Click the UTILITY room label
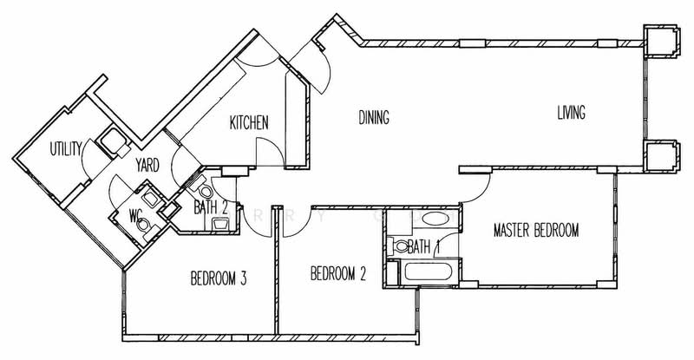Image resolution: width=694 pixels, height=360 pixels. (66, 149)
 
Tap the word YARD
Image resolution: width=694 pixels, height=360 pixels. (147, 165)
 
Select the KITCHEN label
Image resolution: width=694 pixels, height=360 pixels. (249, 122)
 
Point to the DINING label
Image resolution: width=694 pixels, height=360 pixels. (374, 117)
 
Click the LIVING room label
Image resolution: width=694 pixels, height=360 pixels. (571, 113)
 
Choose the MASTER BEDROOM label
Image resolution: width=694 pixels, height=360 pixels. (536, 230)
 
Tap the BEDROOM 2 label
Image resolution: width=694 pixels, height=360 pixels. (338, 273)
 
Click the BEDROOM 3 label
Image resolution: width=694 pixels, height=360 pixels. (219, 278)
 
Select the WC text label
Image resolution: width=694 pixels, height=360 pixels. (135, 215)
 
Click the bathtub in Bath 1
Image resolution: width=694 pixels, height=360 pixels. (428, 272)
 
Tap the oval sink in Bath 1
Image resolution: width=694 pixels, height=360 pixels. (435, 219)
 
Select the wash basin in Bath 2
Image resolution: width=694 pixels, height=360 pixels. (220, 224)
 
